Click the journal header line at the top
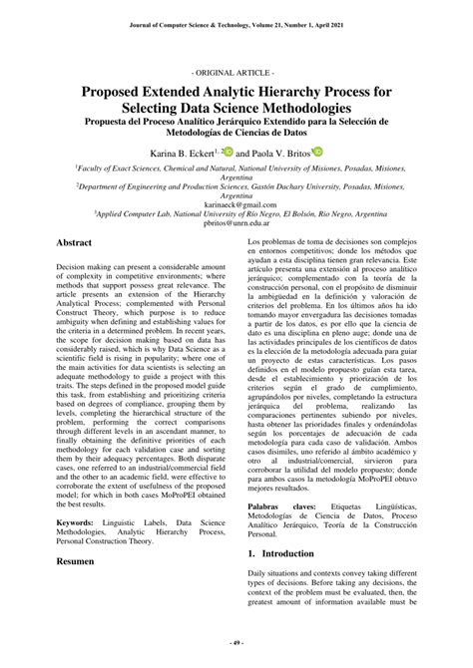coord(236,23)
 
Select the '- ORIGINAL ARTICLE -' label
coord(236,75)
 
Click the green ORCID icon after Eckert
coord(229,152)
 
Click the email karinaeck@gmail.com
coord(236,204)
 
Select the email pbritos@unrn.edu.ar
coord(236,224)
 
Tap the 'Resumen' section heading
coord(75,562)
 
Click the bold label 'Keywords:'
coord(76,522)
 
